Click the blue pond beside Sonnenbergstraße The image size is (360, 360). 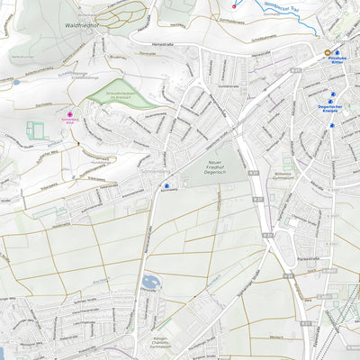click(x=150, y=283)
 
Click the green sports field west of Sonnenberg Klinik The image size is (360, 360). click(x=37, y=130)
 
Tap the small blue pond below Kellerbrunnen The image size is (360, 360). click(x=16, y=82)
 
